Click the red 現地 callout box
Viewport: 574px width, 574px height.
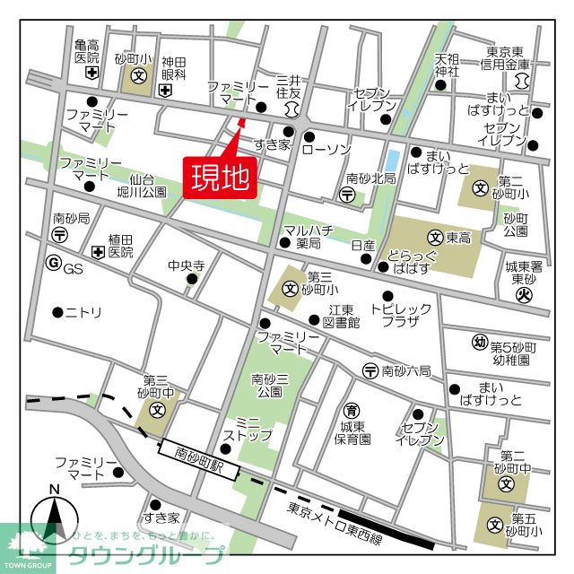[x=221, y=177]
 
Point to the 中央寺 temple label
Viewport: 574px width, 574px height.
[x=187, y=265]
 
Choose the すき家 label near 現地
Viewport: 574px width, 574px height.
[x=271, y=144]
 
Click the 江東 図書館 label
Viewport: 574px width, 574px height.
[x=341, y=315]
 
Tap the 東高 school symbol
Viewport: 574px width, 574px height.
[x=435, y=238]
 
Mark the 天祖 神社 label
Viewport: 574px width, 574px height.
[x=447, y=65]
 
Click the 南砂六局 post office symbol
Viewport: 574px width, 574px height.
[x=370, y=370]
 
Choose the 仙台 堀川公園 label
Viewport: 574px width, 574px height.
[x=147, y=186]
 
